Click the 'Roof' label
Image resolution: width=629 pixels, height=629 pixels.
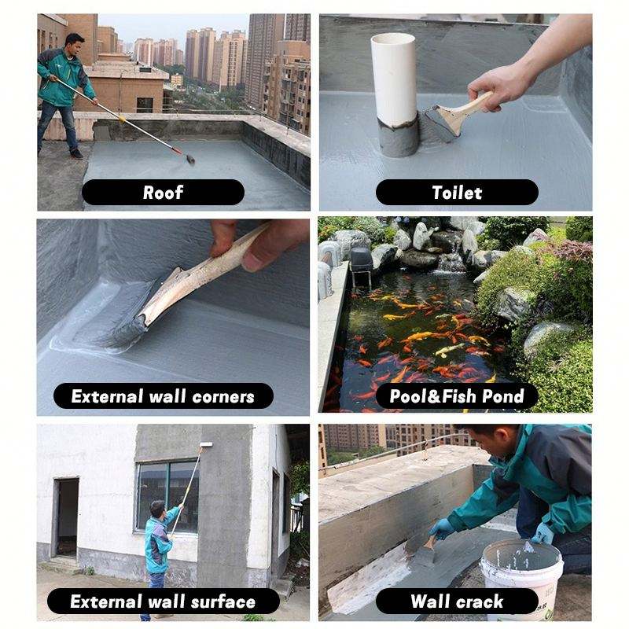click(163, 193)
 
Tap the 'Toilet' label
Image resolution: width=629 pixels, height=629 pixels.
click(457, 193)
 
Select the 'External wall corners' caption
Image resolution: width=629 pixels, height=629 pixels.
click(164, 396)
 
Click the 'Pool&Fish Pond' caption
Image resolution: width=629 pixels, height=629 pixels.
click(457, 396)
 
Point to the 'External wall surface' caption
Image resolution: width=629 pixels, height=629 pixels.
click(164, 601)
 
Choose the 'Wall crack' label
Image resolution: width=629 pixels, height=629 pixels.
click(457, 601)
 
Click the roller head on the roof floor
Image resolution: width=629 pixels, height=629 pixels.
click(190, 160)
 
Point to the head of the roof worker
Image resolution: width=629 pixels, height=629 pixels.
click(75, 44)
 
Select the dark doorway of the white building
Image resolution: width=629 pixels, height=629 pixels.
click(67, 517)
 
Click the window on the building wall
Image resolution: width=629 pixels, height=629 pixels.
click(167, 496)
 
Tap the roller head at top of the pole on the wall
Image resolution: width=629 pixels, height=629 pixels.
click(205, 445)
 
